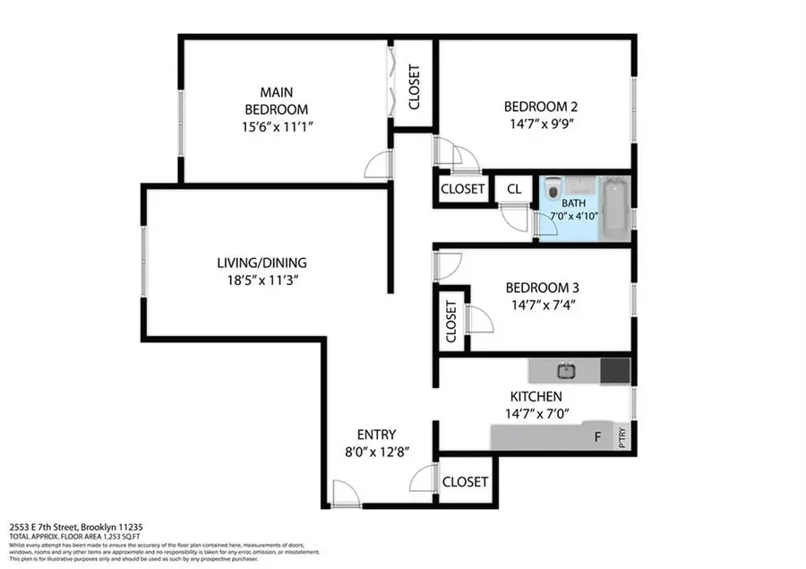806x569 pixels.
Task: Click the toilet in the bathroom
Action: pyautogui.click(x=553, y=190)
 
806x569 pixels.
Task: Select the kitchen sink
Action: pyautogui.click(x=566, y=369)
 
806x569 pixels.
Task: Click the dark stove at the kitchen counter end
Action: pyautogui.click(x=614, y=370)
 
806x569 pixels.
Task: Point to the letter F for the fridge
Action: pyautogui.click(x=598, y=438)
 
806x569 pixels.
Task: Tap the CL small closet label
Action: pyautogui.click(x=514, y=189)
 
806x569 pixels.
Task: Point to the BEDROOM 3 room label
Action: pyautogui.click(x=542, y=288)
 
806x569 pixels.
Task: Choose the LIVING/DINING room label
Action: pyautogui.click(x=262, y=263)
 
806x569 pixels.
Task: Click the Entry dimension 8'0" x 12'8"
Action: pyautogui.click(x=375, y=453)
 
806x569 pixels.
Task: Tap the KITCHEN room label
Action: pyautogui.click(x=536, y=396)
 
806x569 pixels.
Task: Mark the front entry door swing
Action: pyautogui.click(x=341, y=494)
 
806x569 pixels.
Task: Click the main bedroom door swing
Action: pyautogui.click(x=380, y=163)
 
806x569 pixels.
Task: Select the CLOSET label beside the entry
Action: pyautogui.click(x=465, y=482)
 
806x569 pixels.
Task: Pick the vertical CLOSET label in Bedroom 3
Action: pyautogui.click(x=450, y=321)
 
